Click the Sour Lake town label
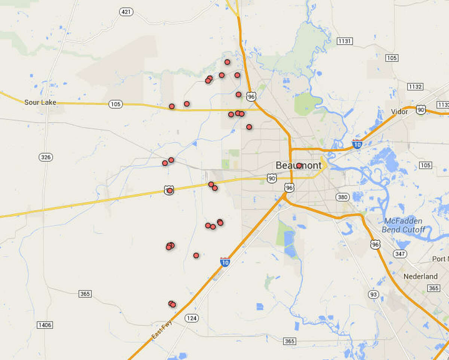pyautogui.click(x=40, y=103)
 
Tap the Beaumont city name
pyautogui.click(x=298, y=165)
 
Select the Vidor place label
pyautogui.click(x=399, y=112)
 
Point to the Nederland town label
pyautogui.click(x=420, y=277)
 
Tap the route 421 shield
pyautogui.click(x=126, y=12)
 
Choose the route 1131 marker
pyautogui.click(x=344, y=41)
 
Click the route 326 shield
pyautogui.click(x=46, y=157)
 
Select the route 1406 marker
pyautogui.click(x=45, y=325)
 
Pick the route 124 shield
pyautogui.click(x=192, y=318)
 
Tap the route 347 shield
pyautogui.click(x=400, y=254)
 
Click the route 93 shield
pyautogui.click(x=373, y=295)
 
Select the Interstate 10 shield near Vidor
pyautogui.click(x=357, y=144)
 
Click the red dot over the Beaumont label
pyautogui.click(x=299, y=165)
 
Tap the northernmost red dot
pyautogui.click(x=227, y=62)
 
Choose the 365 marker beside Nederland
pyautogui.click(x=434, y=288)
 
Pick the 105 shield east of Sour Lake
pyautogui.click(x=115, y=104)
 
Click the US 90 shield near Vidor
pyautogui.click(x=421, y=110)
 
